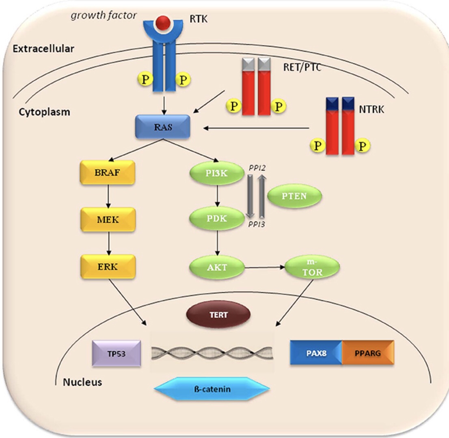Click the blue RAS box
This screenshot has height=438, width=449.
coord(163,127)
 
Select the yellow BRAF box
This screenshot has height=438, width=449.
coord(108,173)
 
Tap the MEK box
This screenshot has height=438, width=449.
coord(108,220)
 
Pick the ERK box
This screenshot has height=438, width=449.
coord(108,267)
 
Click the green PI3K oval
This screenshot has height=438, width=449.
coord(217,173)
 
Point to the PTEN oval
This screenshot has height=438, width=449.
coord(294,196)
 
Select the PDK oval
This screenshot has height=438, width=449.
coord(217,219)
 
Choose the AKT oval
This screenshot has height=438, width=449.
coord(217,268)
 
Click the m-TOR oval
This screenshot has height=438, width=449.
coord(313,267)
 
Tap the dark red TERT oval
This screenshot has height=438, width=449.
coord(218,315)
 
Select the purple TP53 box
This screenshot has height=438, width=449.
coord(117,354)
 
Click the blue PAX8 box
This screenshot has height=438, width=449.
coord(316,353)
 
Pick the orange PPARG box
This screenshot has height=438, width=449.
coord(368,353)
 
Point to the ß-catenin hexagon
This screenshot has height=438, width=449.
coord(212,389)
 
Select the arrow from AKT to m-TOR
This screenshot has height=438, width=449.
coord(265,268)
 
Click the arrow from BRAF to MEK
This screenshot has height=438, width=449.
coord(108,196)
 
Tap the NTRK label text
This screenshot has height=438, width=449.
coord(371,109)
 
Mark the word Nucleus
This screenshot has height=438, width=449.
coord(82,382)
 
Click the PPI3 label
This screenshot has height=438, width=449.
coord(256,224)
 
